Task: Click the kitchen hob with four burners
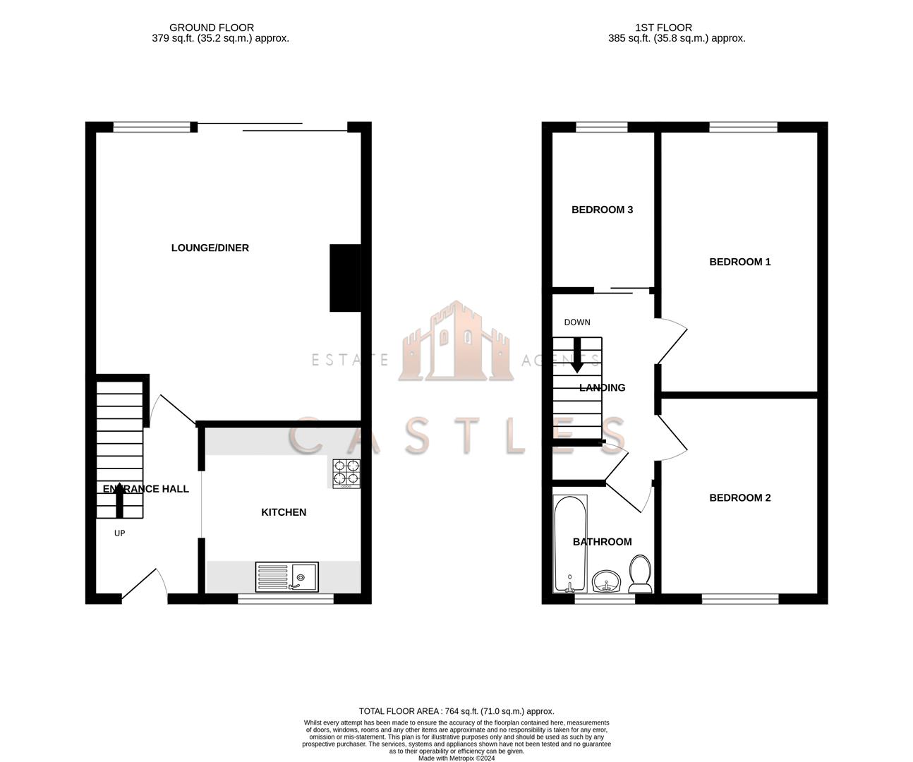click(346, 473)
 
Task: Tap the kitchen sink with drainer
click(287, 577)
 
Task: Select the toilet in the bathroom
click(640, 574)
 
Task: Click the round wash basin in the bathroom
click(605, 581)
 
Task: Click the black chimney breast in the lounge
click(345, 278)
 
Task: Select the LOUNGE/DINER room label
click(210, 248)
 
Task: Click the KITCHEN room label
click(284, 512)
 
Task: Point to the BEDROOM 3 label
click(602, 210)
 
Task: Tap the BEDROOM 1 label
click(739, 262)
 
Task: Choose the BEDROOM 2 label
click(739, 497)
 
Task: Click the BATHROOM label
click(602, 542)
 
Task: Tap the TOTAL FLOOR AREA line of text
click(456, 711)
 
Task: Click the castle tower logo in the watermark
click(456, 341)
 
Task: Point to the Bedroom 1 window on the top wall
click(743, 127)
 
